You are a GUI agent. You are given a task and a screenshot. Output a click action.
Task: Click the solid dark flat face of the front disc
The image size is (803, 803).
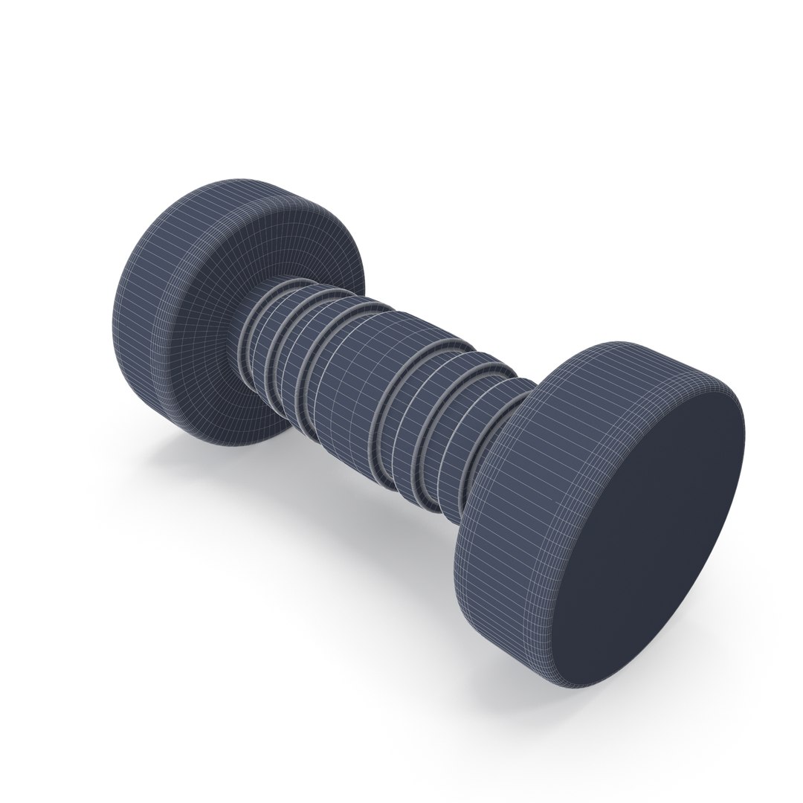click(x=654, y=535)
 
